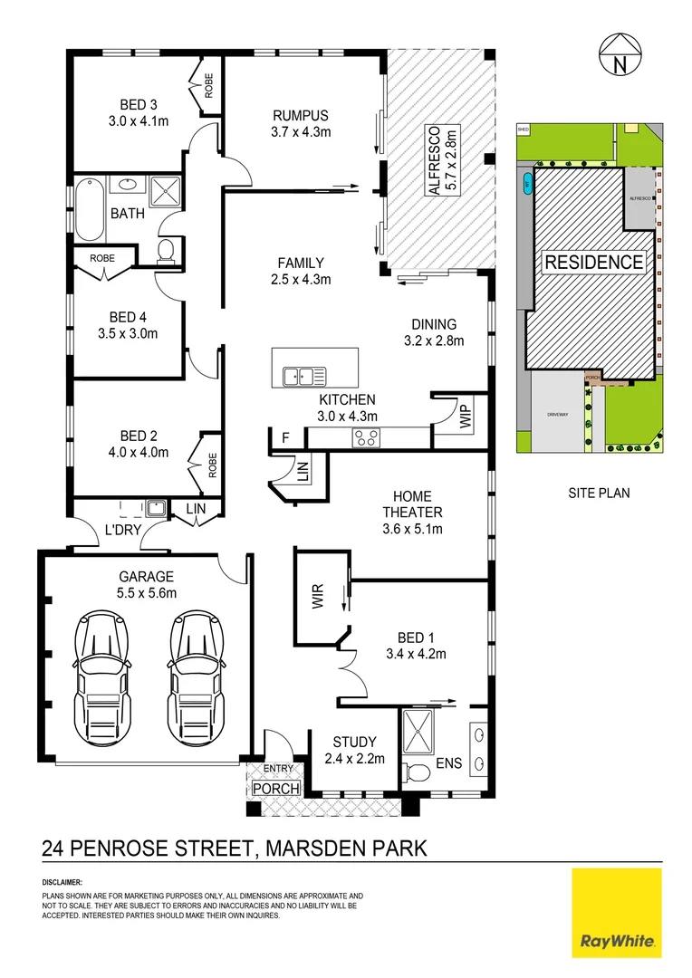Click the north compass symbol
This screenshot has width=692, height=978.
tap(620, 56)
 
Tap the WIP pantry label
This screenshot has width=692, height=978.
tap(466, 417)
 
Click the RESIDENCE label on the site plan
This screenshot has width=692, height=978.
tap(594, 264)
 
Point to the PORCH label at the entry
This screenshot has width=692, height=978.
tap(275, 788)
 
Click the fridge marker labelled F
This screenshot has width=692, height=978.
tap(285, 438)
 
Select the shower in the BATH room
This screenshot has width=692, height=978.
tap(164, 193)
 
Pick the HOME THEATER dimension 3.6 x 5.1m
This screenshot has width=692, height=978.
tap(412, 529)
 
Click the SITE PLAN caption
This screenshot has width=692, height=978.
tap(599, 494)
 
